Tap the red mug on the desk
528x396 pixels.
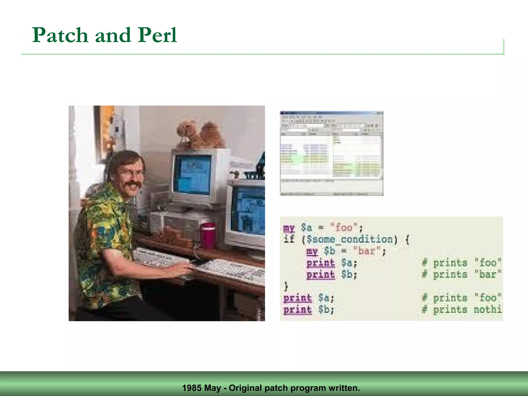click(208, 235)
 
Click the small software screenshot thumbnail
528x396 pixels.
click(332, 153)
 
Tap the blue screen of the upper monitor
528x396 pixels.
click(192, 171)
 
